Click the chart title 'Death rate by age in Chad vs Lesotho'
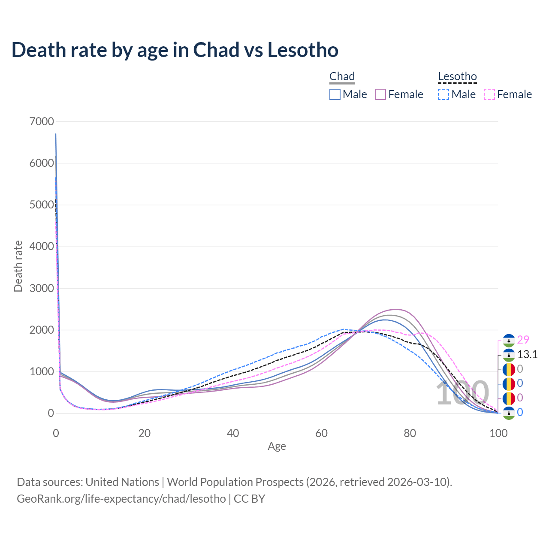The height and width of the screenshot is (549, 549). coord(175,50)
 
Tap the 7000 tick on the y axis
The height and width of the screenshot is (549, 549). coord(42,121)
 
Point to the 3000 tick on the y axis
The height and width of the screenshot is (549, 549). coord(42,288)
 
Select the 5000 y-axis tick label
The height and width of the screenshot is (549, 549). coord(42,205)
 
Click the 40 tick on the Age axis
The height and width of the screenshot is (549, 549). coord(233,433)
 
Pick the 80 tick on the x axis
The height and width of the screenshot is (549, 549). coord(410,433)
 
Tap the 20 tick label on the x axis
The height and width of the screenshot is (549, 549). coord(145,433)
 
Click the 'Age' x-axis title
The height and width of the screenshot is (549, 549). coord(277,446)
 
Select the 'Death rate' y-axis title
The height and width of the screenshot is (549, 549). coord(18,266)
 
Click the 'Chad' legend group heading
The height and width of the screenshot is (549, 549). coord(342,77)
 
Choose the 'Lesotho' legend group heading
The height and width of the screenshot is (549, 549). coord(457,77)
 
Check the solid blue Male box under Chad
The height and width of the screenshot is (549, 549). coord(335,94)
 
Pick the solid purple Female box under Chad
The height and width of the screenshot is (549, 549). coord(381,94)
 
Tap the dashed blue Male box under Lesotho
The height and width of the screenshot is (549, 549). coord(443,94)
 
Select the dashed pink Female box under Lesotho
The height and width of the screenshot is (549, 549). coord(489,94)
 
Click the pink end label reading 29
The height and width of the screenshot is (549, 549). coord(523,340)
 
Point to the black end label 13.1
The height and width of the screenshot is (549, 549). coord(527,354)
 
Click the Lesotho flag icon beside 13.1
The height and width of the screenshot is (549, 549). coord(509,355)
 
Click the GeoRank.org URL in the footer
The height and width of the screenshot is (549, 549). coord(121,499)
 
